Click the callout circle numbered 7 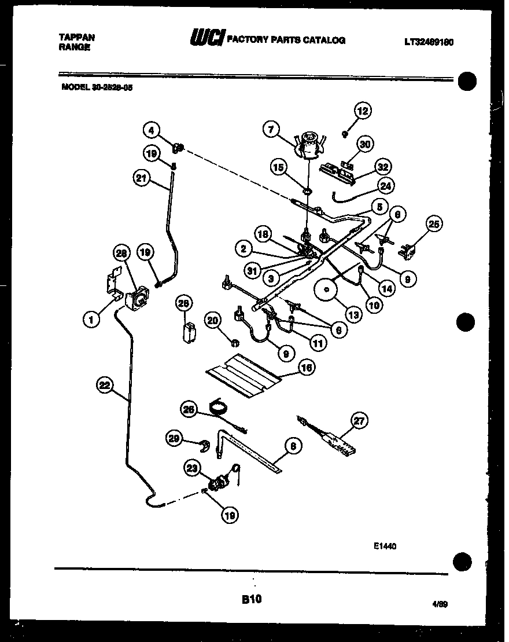tap(271, 129)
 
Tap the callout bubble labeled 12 tap(362, 111)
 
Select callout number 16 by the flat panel tap(306, 368)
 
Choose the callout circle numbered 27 tap(359, 421)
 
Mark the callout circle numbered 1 tap(90, 318)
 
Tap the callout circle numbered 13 tap(352, 315)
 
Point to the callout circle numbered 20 tap(213, 321)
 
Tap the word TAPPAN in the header tap(77, 36)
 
